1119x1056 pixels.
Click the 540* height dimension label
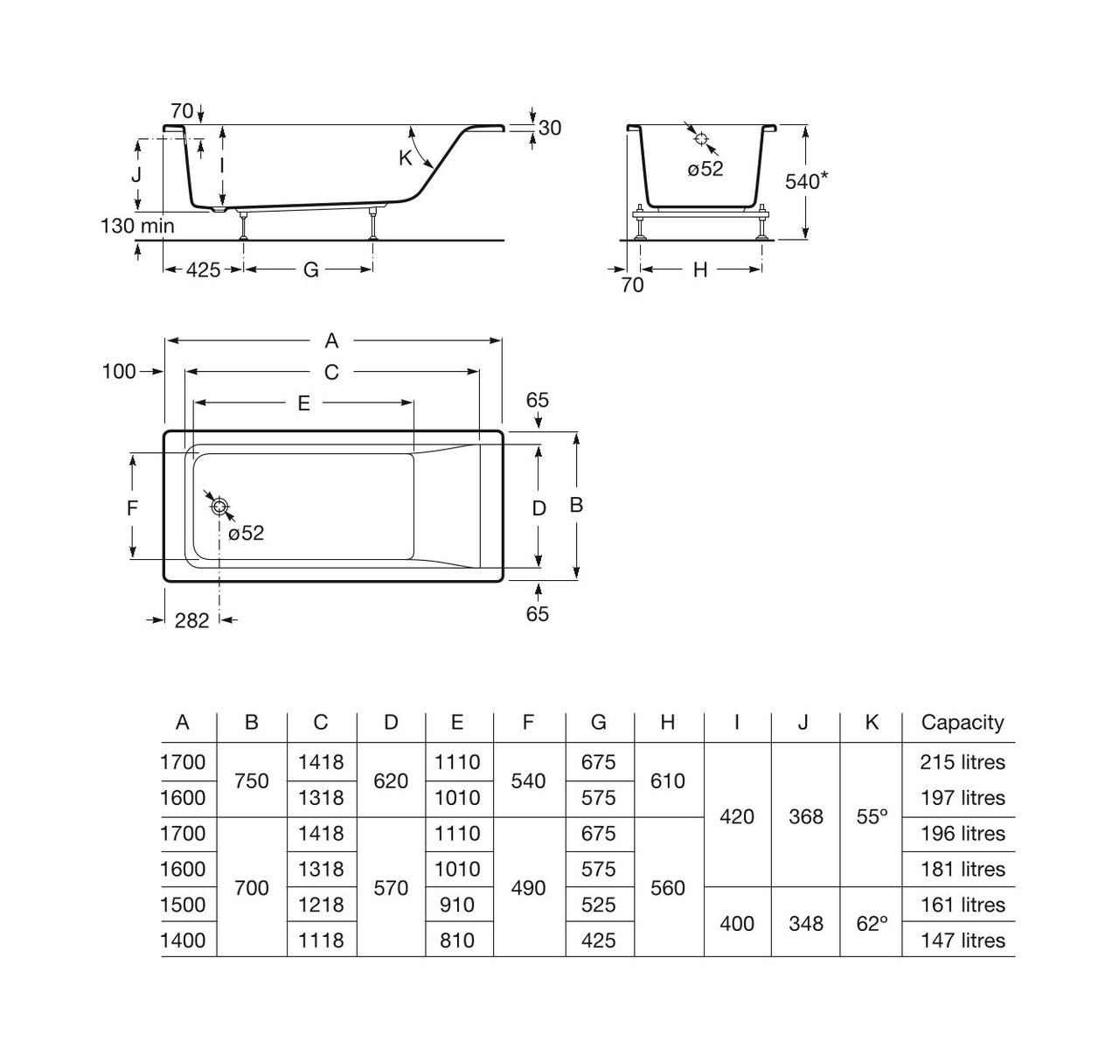[806, 181]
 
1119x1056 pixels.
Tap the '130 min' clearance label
[137, 226]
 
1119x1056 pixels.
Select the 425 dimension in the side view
[203, 269]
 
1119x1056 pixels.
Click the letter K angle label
[405, 158]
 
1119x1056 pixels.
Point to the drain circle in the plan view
[219, 507]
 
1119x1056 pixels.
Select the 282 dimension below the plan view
[191, 620]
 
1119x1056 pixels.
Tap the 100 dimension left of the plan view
[119, 371]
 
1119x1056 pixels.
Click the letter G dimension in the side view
[310, 269]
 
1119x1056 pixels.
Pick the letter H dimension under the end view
[699, 270]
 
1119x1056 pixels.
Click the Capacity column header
[962, 723]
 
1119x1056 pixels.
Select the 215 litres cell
[962, 762]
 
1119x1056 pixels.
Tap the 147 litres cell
[962, 941]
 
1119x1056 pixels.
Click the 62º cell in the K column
[872, 923]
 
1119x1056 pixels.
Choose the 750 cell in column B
[252, 780]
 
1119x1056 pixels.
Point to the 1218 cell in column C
[321, 905]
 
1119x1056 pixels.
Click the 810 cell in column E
[457, 941]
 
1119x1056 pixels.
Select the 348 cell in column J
[805, 923]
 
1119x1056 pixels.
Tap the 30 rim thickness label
[550, 128]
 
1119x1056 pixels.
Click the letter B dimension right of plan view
[576, 505]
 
